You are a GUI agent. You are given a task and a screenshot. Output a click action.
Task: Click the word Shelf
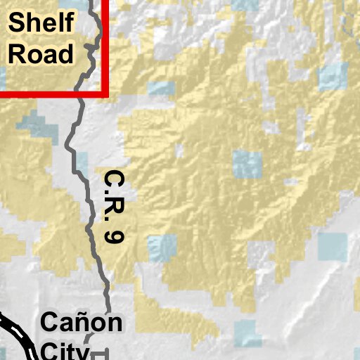pos(39,24)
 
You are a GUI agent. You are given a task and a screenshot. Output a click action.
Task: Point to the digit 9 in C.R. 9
pos(113,236)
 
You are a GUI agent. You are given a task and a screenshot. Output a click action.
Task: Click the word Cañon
pos(82,323)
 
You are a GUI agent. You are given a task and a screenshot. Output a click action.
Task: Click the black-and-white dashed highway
pos(18,334)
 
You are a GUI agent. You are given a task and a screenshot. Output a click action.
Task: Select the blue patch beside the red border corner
pos(161,89)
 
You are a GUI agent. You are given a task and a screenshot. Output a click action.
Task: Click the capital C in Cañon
pos(51,323)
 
